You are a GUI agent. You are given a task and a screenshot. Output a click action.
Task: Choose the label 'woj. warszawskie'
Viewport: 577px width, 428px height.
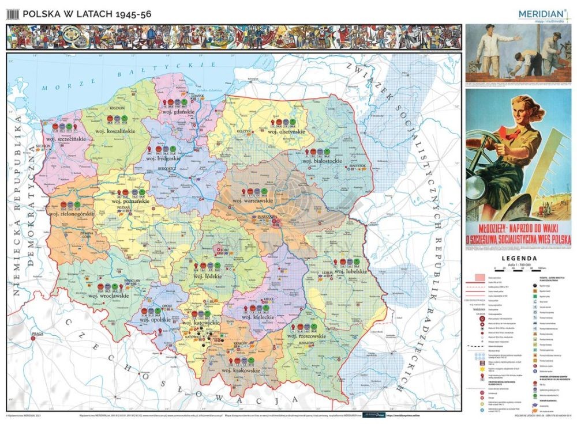pos(253,200)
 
